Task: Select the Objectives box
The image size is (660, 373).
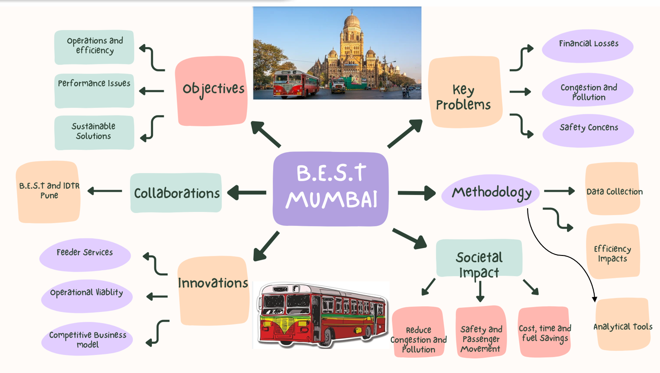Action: tap(210, 91)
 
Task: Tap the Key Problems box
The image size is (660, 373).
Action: tap(465, 92)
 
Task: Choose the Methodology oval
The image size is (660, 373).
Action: tap(491, 192)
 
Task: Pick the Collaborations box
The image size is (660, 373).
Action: tap(176, 193)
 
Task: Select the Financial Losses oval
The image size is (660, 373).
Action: tap(588, 45)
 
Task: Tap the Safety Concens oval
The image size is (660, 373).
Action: tap(588, 130)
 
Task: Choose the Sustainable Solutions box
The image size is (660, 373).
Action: tap(94, 132)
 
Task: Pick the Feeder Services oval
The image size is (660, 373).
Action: tap(85, 255)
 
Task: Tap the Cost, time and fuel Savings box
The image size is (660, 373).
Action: tap(544, 332)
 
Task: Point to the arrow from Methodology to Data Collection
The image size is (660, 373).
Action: tap(559, 191)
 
